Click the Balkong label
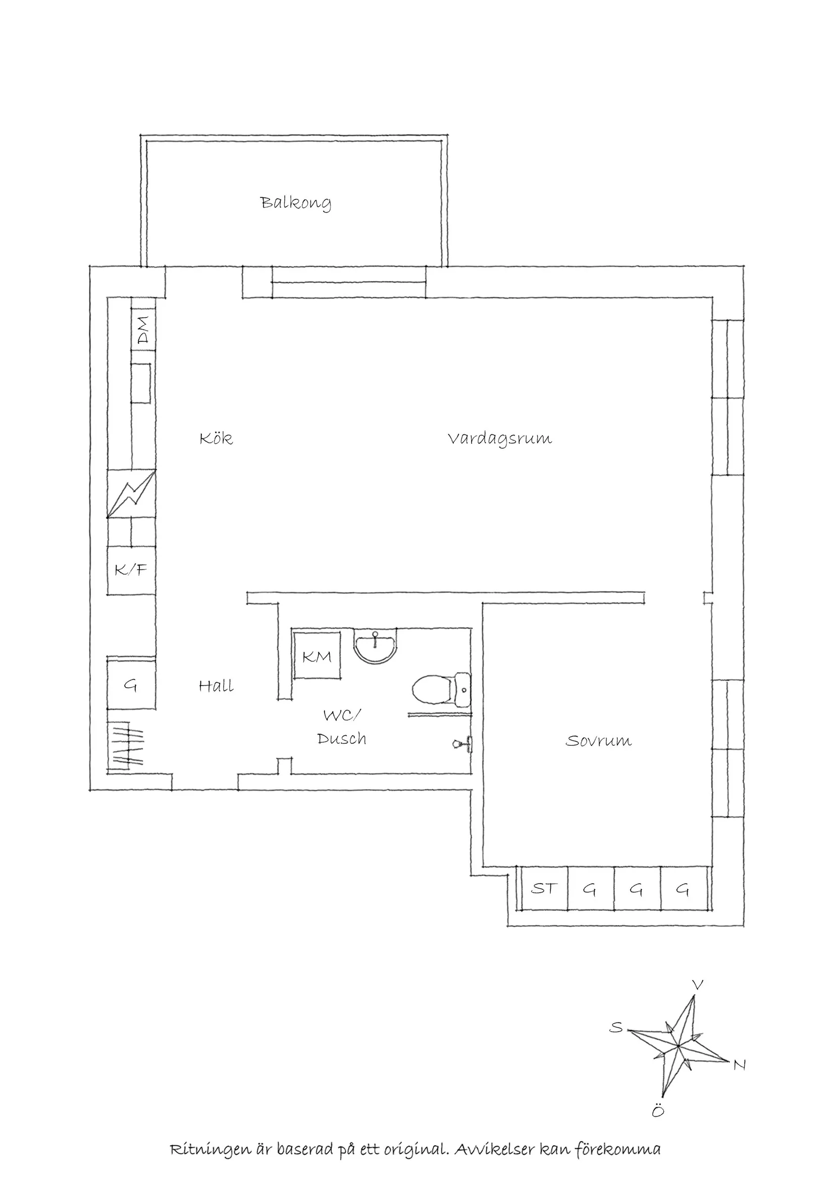pos(295,202)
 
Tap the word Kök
pos(216,438)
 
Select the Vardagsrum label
pos(500,439)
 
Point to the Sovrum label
pos(598,741)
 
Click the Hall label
pos(216,686)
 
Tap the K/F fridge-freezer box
pos(131,570)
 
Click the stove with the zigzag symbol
pos(131,494)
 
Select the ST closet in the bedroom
pos(544,888)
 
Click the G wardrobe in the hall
pos(131,685)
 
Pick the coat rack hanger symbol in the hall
pos(128,743)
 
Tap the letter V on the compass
pos(697,986)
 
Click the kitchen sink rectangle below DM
pos(141,383)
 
